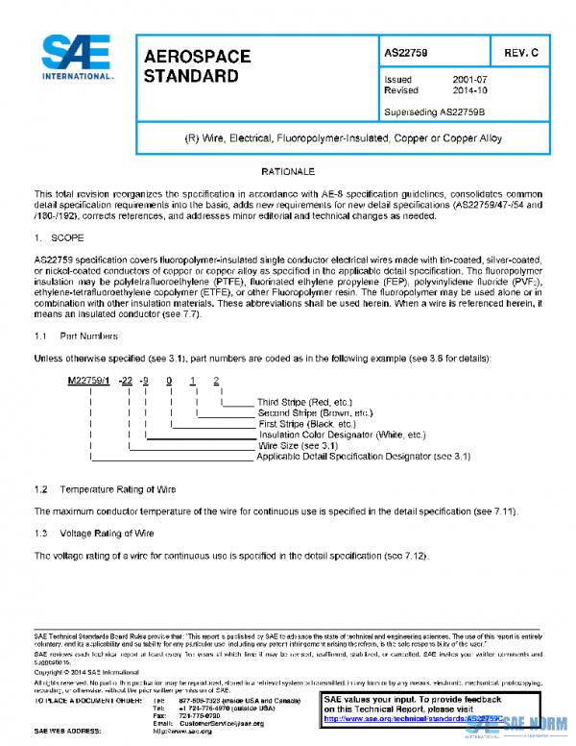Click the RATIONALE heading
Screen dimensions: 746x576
click(x=288, y=171)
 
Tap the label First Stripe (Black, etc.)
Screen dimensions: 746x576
click(x=283, y=424)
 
